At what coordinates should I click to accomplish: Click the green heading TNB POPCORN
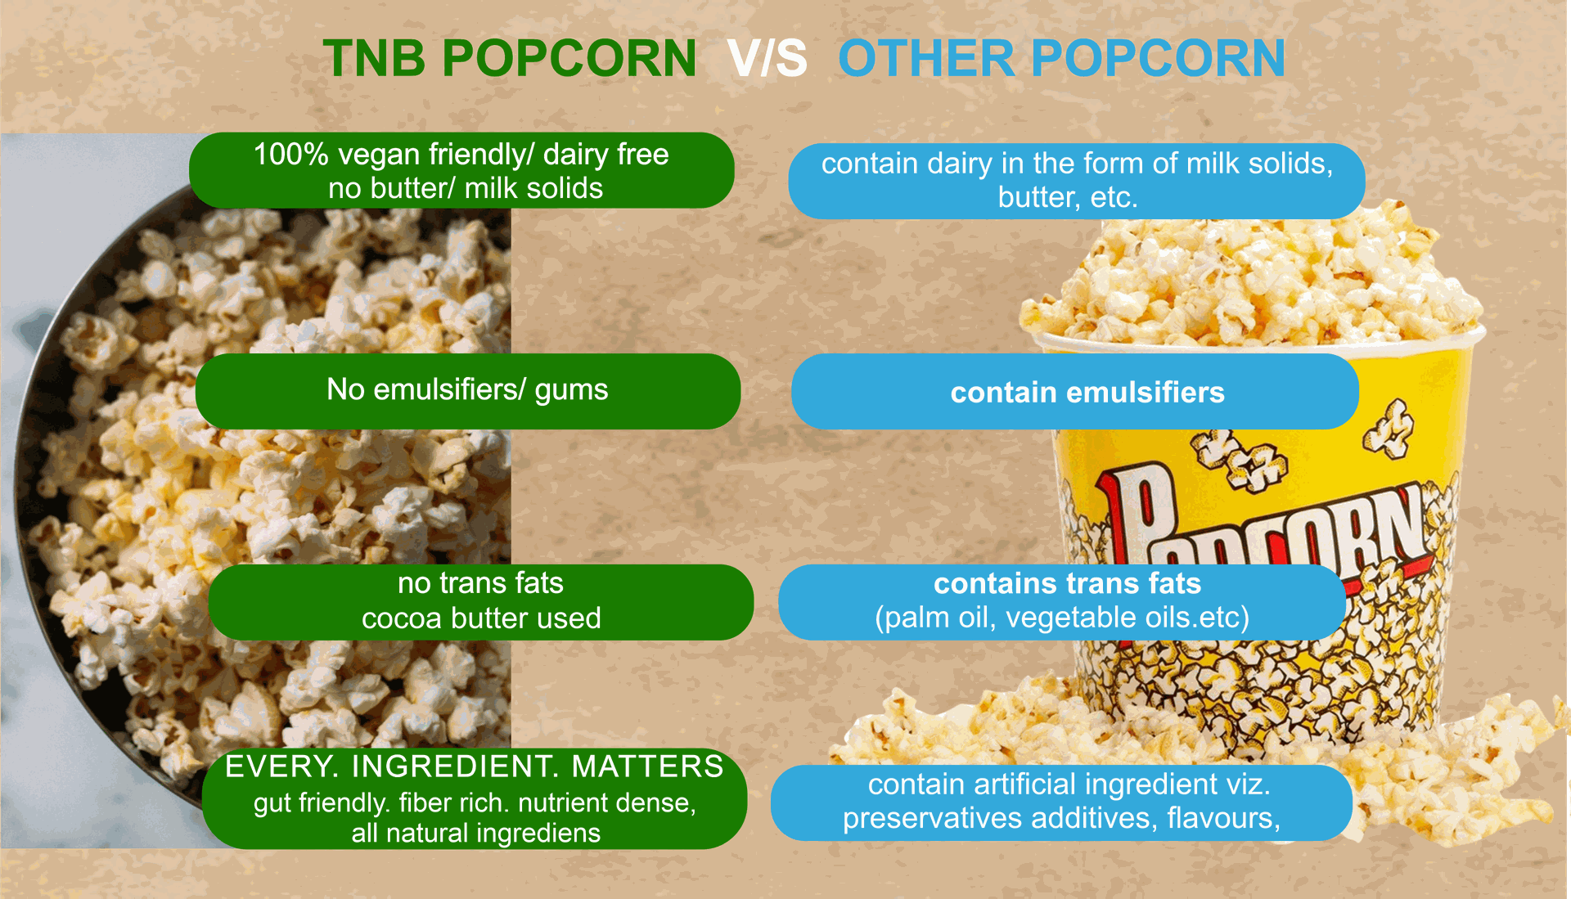pos(509,59)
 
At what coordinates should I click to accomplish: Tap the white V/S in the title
pos(767,59)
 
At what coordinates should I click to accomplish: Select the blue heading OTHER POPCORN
pos(1061,59)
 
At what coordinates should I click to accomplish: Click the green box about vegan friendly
pos(461,170)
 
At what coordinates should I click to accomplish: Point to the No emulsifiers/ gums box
pos(468,391)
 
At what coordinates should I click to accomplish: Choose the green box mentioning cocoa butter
pos(481,602)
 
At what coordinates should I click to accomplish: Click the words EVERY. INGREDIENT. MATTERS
pos(475,766)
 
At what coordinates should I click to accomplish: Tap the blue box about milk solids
pos(1077,181)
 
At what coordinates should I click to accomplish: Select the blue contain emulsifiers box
pos(1075,392)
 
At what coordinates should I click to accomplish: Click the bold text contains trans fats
pos(1068,583)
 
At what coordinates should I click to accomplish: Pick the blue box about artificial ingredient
pos(1061,802)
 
